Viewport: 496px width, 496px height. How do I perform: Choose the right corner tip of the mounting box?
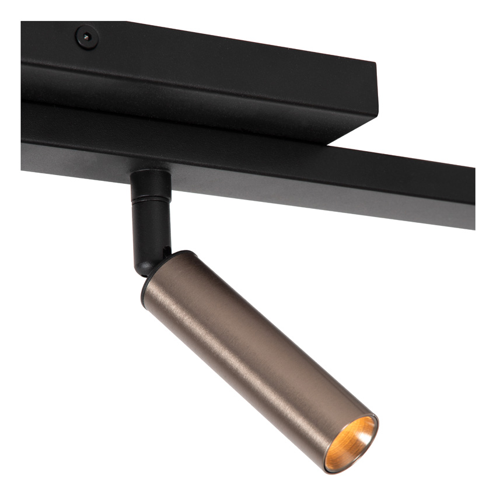tap(376, 82)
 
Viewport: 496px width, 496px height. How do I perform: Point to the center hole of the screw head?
tap(86, 37)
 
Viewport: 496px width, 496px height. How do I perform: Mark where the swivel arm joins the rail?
tap(150, 172)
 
